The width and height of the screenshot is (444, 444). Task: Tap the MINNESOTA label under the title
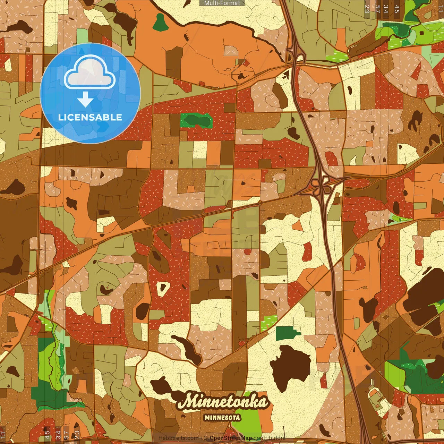222,417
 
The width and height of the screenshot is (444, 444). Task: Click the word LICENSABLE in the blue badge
90,117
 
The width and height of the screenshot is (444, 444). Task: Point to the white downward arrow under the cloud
85,101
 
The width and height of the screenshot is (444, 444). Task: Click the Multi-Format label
222,3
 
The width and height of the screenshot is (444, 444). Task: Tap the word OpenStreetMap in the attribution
230,438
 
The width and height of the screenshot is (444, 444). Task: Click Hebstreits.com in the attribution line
178,438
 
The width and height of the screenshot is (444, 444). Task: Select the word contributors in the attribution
269,438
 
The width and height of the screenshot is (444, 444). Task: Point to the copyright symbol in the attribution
206,438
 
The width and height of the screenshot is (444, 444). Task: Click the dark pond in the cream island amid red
162,287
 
